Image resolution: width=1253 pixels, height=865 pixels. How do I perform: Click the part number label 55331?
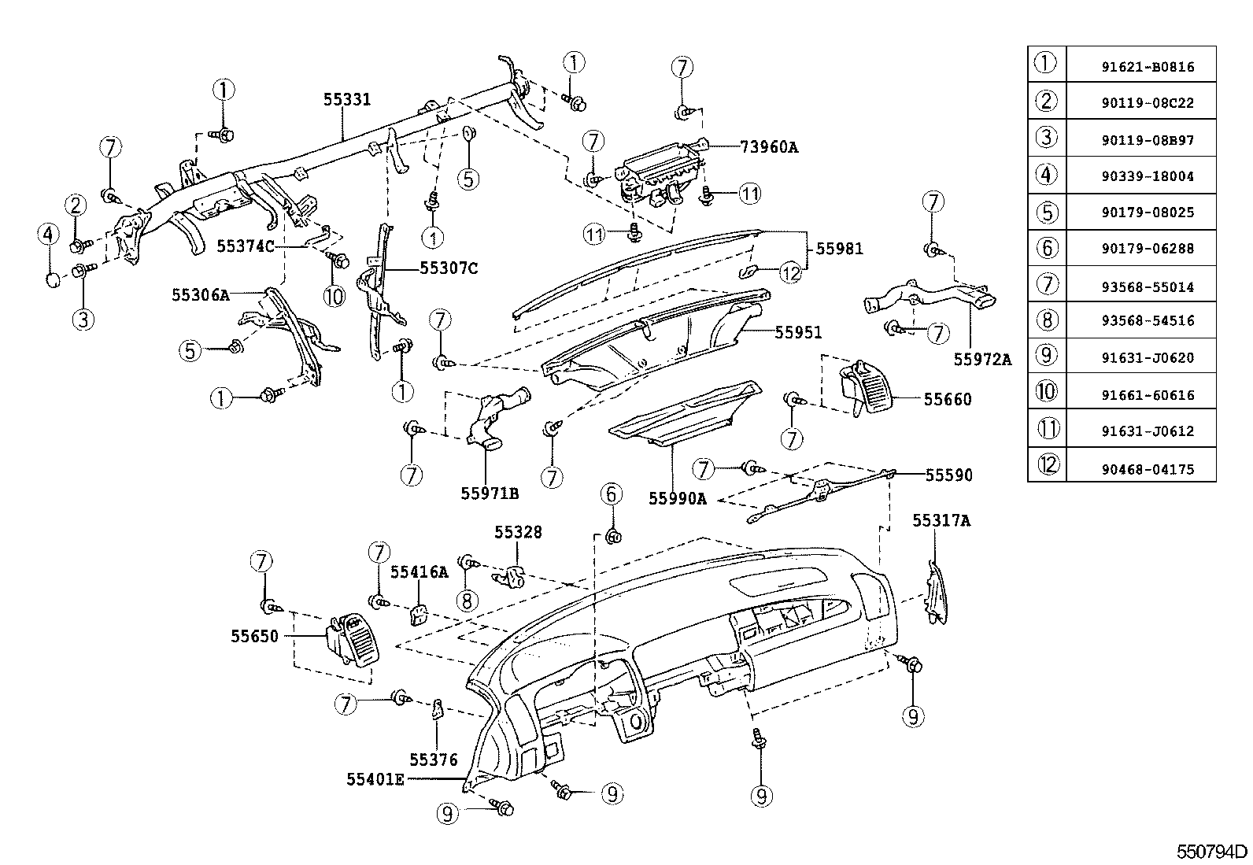point(347,99)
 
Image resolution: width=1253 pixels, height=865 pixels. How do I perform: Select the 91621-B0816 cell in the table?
point(1147,67)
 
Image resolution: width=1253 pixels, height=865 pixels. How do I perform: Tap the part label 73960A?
point(768,146)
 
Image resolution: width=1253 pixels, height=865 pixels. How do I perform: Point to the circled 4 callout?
point(48,234)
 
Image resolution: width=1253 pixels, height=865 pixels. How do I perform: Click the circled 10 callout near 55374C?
point(334,296)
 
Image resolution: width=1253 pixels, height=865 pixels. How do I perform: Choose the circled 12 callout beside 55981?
point(790,272)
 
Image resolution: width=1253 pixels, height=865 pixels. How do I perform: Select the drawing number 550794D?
point(1212,852)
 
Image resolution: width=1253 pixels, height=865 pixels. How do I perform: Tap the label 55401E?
point(375,779)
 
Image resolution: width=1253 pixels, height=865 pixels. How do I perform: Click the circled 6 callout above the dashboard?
point(612,494)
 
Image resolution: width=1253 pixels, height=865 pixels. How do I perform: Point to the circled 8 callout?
point(467,601)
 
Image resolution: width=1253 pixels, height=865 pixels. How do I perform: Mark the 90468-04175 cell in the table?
point(1147,469)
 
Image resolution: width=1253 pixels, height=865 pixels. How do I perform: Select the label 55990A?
point(678,497)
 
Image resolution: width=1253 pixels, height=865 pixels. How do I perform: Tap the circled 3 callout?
point(83,319)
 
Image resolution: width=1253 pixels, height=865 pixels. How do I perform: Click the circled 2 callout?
point(76,206)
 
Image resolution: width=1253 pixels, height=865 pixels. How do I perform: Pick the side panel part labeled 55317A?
point(937,592)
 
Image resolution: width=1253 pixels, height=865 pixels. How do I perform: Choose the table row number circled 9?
point(1046,355)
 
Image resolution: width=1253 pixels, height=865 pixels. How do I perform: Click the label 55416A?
point(419,572)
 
